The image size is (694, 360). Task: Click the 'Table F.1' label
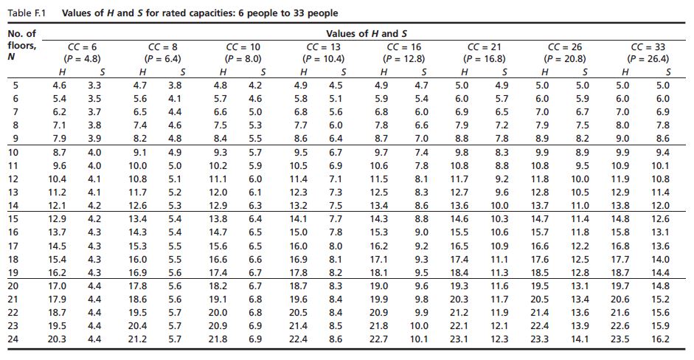[x=24, y=13]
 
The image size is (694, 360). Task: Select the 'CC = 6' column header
[x=83, y=47]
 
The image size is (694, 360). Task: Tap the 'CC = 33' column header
[x=645, y=47]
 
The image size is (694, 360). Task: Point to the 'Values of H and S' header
[x=366, y=34]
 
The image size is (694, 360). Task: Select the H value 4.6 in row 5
[x=59, y=86]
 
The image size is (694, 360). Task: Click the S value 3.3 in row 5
[x=94, y=86]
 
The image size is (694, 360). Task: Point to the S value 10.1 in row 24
[x=418, y=339]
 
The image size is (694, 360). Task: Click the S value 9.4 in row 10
[x=662, y=153]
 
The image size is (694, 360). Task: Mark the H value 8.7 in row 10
[x=59, y=153]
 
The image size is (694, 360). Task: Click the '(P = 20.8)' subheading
[x=565, y=58]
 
